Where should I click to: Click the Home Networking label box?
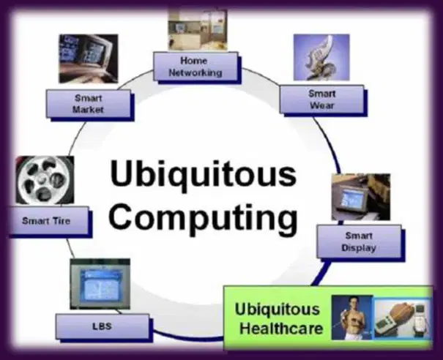click(x=196, y=67)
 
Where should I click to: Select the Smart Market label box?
click(x=89, y=104)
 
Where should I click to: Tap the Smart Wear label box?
click(x=321, y=100)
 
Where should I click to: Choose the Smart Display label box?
click(x=359, y=241)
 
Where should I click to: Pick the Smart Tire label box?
click(x=48, y=220)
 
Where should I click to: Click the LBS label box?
click(x=103, y=326)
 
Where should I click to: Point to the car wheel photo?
click(x=45, y=180)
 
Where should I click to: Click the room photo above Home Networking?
click(x=198, y=30)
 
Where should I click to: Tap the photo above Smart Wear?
click(x=321, y=57)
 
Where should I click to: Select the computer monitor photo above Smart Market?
click(x=89, y=59)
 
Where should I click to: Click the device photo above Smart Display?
click(x=361, y=197)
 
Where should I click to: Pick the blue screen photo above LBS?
click(x=100, y=284)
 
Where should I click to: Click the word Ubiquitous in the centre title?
click(x=204, y=174)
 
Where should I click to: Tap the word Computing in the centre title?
click(x=204, y=217)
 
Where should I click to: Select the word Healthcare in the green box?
click(x=281, y=329)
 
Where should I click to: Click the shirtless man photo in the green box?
click(x=352, y=318)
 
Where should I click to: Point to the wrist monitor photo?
click(x=403, y=318)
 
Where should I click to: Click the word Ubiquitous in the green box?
click(x=278, y=310)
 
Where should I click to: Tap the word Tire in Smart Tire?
click(x=61, y=220)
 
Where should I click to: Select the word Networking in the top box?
click(x=196, y=73)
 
